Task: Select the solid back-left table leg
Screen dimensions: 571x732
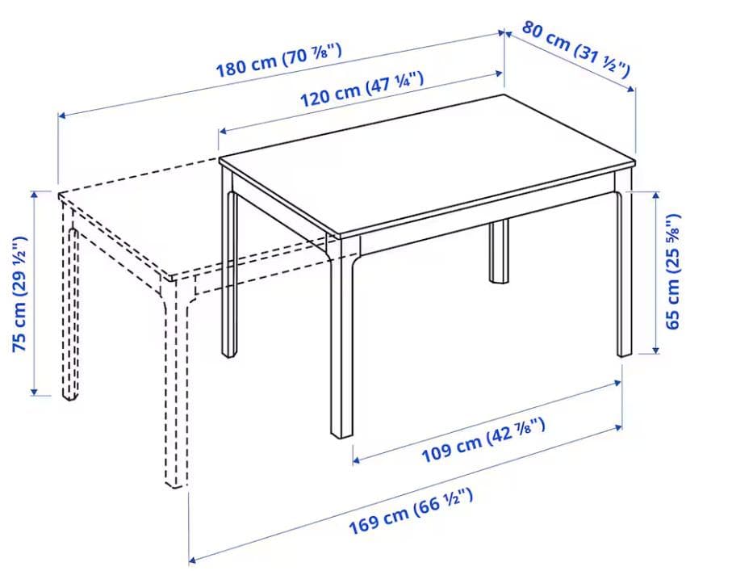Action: pyautogui.click(x=230, y=275)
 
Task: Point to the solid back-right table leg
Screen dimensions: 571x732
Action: pyautogui.click(x=499, y=251)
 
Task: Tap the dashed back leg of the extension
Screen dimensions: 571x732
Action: pyautogui.click(x=72, y=315)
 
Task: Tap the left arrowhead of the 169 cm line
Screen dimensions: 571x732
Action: pyautogui.click(x=192, y=559)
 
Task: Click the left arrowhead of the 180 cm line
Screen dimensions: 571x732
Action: pyautogui.click(x=61, y=116)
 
